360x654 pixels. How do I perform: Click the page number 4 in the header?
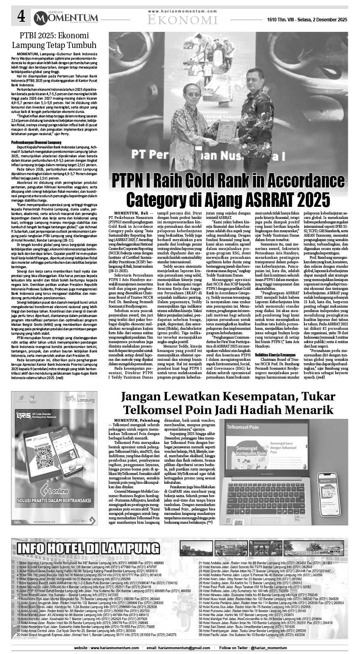(21, 17)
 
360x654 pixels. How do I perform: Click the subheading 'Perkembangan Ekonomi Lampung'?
(36, 143)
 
